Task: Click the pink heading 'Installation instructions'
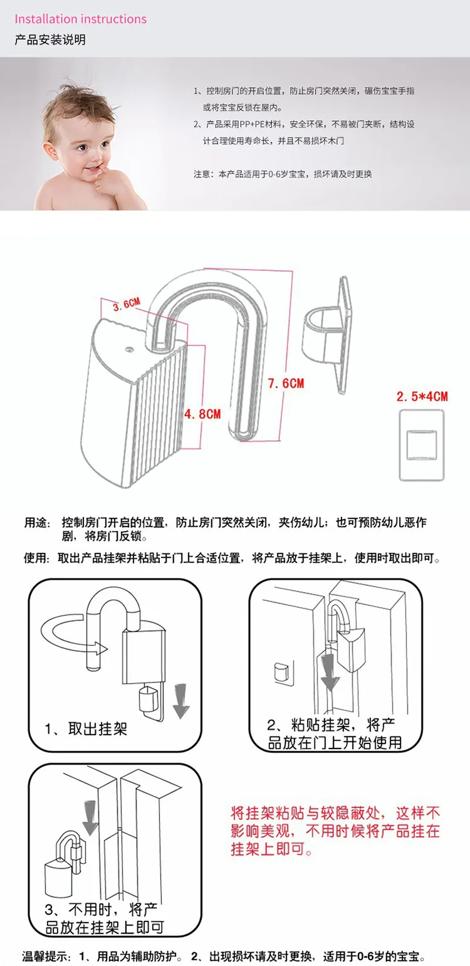tap(80, 19)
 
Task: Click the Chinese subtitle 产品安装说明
tap(50, 40)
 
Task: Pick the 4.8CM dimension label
tap(203, 414)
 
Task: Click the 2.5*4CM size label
tap(422, 396)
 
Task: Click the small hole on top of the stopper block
tap(128, 345)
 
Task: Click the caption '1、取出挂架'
tap(86, 730)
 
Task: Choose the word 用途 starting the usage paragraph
tap(35, 522)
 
